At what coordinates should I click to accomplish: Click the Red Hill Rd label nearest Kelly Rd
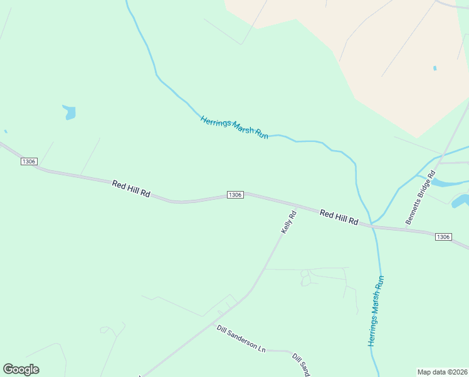[339, 217]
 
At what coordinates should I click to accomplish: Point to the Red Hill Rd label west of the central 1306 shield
[131, 189]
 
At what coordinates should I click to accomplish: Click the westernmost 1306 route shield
[29, 161]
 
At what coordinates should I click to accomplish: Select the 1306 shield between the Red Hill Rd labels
[235, 195]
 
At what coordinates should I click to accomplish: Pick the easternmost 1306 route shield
[443, 236]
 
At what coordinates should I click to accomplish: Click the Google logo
[21, 369]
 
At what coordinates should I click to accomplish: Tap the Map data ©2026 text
[442, 372]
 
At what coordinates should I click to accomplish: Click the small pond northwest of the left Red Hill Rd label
[70, 113]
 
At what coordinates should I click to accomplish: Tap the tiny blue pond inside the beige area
[435, 68]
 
